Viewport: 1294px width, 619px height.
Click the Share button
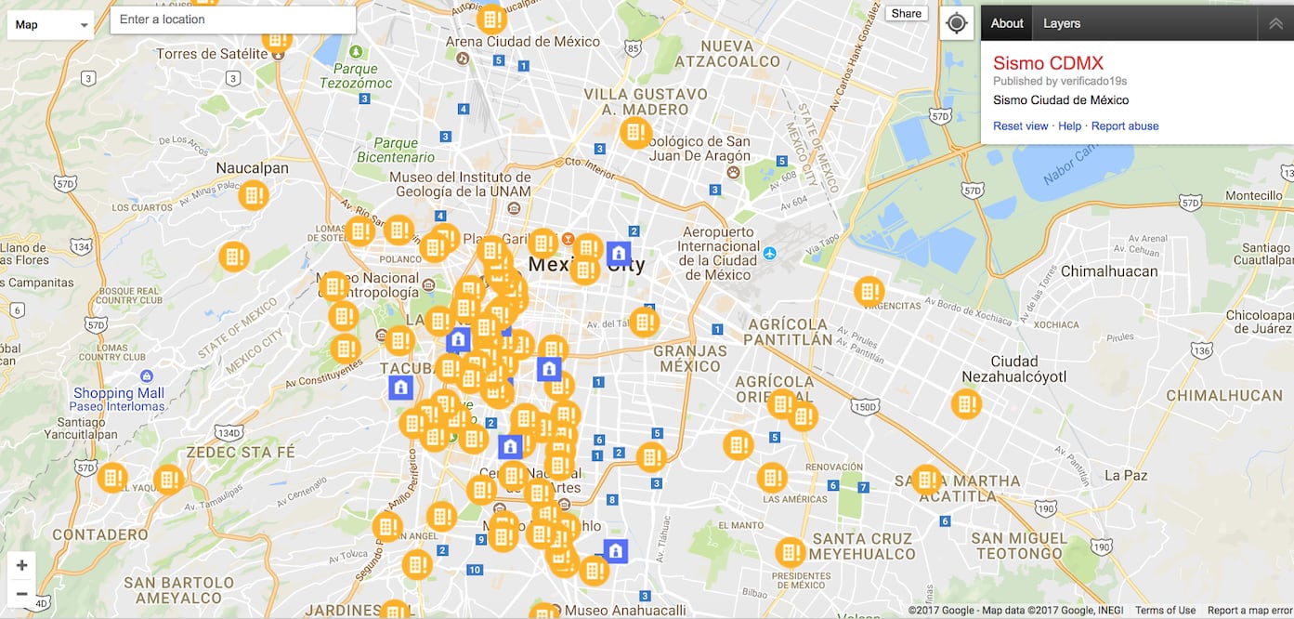[x=906, y=13]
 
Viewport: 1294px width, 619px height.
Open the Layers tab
[x=1062, y=23]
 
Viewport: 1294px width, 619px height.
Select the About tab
[x=1007, y=23]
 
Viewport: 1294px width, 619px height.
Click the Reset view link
[x=1020, y=126]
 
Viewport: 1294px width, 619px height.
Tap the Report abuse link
[x=1125, y=126]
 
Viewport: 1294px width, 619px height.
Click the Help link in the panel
[x=1069, y=126]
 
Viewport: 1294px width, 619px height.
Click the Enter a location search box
[x=232, y=20]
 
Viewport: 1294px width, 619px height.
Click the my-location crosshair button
[x=957, y=23]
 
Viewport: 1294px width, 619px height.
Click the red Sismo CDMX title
[x=1048, y=63]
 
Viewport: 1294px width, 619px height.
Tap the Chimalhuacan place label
[x=1109, y=271]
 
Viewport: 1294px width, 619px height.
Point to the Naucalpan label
[x=252, y=168]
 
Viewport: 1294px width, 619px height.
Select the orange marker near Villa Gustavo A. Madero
[x=635, y=133]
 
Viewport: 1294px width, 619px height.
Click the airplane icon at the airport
[x=769, y=253]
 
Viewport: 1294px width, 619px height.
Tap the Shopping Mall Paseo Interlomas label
[x=119, y=400]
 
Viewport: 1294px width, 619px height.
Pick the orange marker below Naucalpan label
[x=253, y=196]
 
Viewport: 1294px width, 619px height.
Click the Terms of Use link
[x=1165, y=611]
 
